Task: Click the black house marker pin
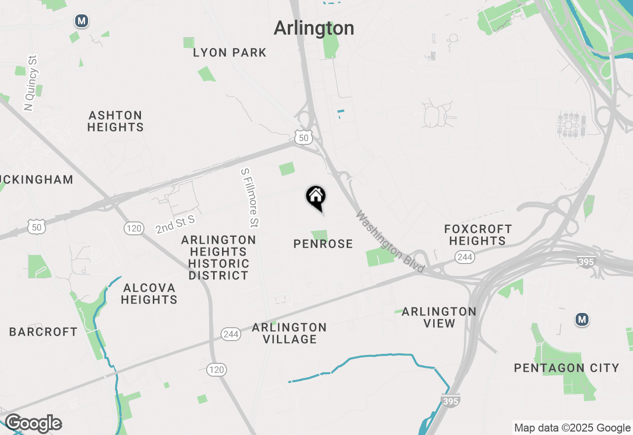[x=316, y=197]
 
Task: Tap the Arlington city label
[x=314, y=28]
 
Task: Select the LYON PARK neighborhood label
[x=230, y=52]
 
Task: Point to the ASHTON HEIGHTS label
[x=116, y=121]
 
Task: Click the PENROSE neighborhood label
[x=323, y=244]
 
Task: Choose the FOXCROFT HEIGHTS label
[x=477, y=235]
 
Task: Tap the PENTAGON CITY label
[x=567, y=368]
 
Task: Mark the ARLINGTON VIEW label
[x=439, y=317]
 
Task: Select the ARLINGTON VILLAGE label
[x=289, y=333]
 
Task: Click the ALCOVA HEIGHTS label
[x=149, y=294]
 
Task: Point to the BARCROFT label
[x=44, y=332]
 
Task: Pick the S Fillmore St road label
[x=250, y=198]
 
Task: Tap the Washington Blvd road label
[x=390, y=242]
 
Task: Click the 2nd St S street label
[x=175, y=224]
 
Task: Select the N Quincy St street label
[x=31, y=83]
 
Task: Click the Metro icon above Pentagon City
[x=582, y=320]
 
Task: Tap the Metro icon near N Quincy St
[x=82, y=21]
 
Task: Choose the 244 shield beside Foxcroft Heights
[x=465, y=257]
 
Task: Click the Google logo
[x=33, y=424]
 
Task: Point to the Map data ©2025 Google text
[x=572, y=428]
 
